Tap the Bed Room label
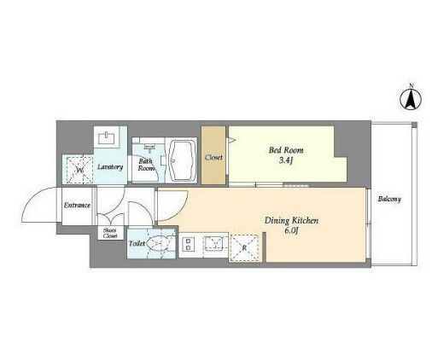point(286,150)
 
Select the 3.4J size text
point(286,160)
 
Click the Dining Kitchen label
point(291,221)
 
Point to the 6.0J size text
point(291,230)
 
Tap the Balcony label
point(389,199)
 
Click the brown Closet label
point(213,157)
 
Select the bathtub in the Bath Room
point(183,160)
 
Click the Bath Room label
point(146,165)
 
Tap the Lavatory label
point(110,167)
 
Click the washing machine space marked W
point(80,170)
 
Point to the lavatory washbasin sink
point(107,138)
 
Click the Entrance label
point(77,205)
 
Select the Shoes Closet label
point(110,233)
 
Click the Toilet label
point(137,244)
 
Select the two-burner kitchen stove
point(188,245)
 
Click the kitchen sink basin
point(214,243)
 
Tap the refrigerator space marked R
point(244,247)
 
